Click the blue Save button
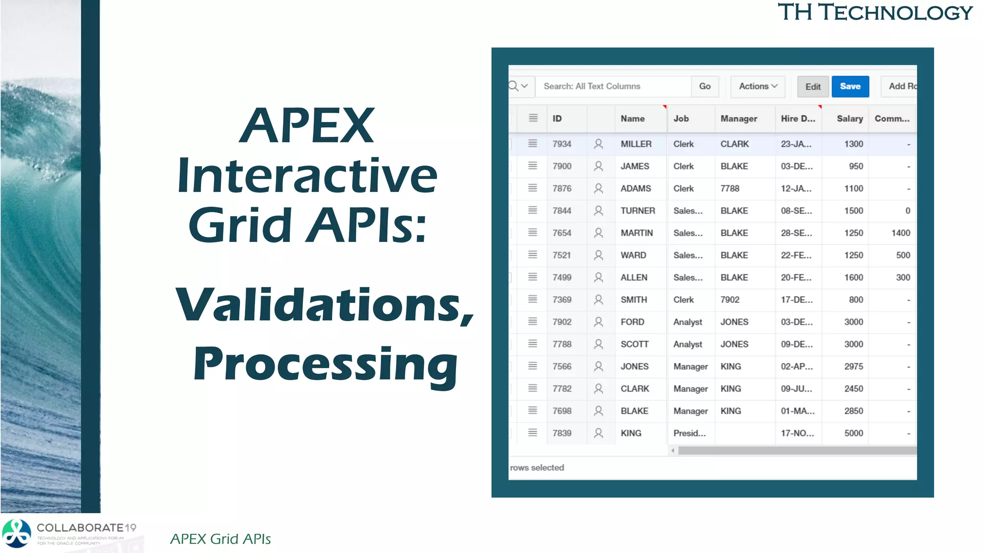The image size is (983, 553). point(850,86)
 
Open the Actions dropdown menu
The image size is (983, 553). point(757,86)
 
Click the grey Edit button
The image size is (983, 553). point(813,87)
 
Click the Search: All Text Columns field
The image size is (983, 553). point(613,86)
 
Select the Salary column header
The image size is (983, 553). point(849,119)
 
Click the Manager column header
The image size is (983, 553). point(738,119)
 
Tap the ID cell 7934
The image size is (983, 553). point(562,144)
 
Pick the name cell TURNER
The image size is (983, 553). point(637,211)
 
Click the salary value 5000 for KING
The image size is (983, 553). point(853,433)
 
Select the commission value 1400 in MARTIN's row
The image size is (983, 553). point(900,233)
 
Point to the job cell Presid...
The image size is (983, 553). point(689,433)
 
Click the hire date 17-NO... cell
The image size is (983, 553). point(797,433)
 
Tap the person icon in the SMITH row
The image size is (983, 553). point(598,300)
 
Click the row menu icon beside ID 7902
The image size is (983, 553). point(532,322)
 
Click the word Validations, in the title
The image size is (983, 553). point(324,305)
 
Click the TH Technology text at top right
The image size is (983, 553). point(875,12)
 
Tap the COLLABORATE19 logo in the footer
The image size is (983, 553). point(70,533)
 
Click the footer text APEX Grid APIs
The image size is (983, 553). point(220,539)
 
